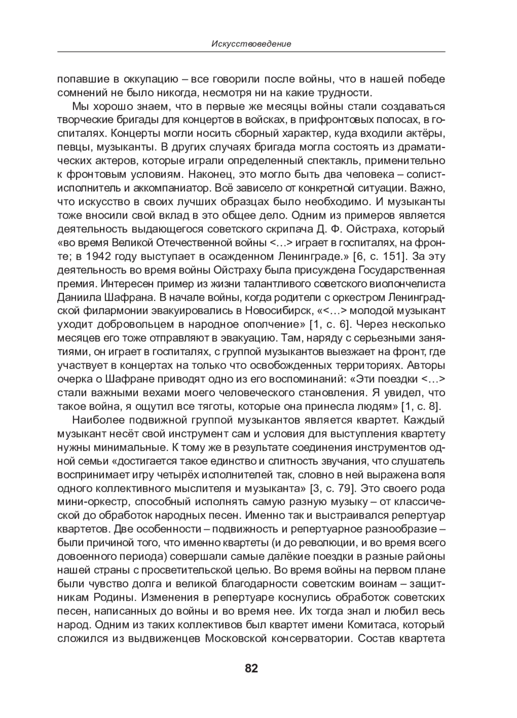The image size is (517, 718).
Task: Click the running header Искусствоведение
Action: (251, 44)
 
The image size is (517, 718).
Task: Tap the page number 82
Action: (251, 668)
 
